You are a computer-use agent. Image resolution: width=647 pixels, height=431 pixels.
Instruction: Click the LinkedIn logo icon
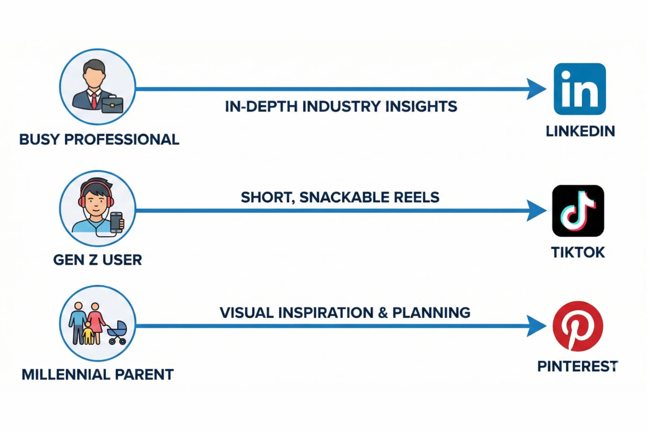pyautogui.click(x=580, y=89)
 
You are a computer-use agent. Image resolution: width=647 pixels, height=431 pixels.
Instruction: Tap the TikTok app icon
pyautogui.click(x=578, y=211)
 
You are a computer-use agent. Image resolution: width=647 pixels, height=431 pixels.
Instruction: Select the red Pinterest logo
pyautogui.click(x=578, y=326)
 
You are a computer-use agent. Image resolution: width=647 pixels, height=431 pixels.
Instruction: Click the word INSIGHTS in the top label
pyautogui.click(x=421, y=106)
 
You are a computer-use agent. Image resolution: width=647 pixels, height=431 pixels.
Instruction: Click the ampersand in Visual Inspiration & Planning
pyautogui.click(x=383, y=313)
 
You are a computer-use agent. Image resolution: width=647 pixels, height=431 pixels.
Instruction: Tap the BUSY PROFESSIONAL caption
pyautogui.click(x=99, y=139)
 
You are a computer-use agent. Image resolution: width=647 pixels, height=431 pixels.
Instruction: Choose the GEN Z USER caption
pyautogui.click(x=97, y=260)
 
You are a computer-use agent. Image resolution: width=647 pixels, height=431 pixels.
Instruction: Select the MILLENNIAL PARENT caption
pyautogui.click(x=97, y=374)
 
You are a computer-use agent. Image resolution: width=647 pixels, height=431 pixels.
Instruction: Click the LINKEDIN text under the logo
pyautogui.click(x=580, y=131)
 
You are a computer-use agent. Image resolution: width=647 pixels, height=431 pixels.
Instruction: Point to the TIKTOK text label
pyautogui.click(x=578, y=252)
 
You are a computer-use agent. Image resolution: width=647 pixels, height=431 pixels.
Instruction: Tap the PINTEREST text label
pyautogui.click(x=578, y=366)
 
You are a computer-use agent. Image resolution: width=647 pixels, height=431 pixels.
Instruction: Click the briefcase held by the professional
pyautogui.click(x=112, y=104)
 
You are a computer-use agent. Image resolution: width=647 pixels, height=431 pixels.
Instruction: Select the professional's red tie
pyautogui.click(x=94, y=100)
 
